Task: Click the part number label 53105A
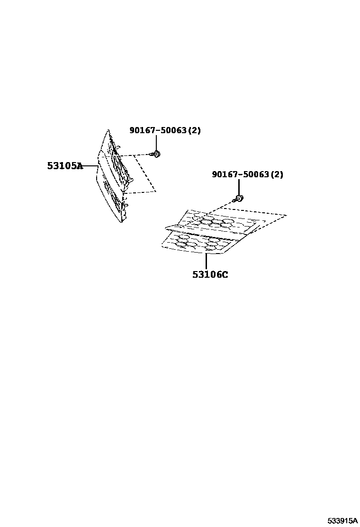(x=64, y=166)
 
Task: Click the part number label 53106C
(x=210, y=274)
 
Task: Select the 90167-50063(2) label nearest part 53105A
(x=165, y=130)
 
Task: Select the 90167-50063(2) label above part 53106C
(x=247, y=174)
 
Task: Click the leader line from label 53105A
(x=90, y=166)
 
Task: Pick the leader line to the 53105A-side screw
(x=156, y=142)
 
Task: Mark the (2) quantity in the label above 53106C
(x=277, y=174)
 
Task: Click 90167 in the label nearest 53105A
(x=143, y=130)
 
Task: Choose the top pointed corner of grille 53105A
(x=108, y=130)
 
